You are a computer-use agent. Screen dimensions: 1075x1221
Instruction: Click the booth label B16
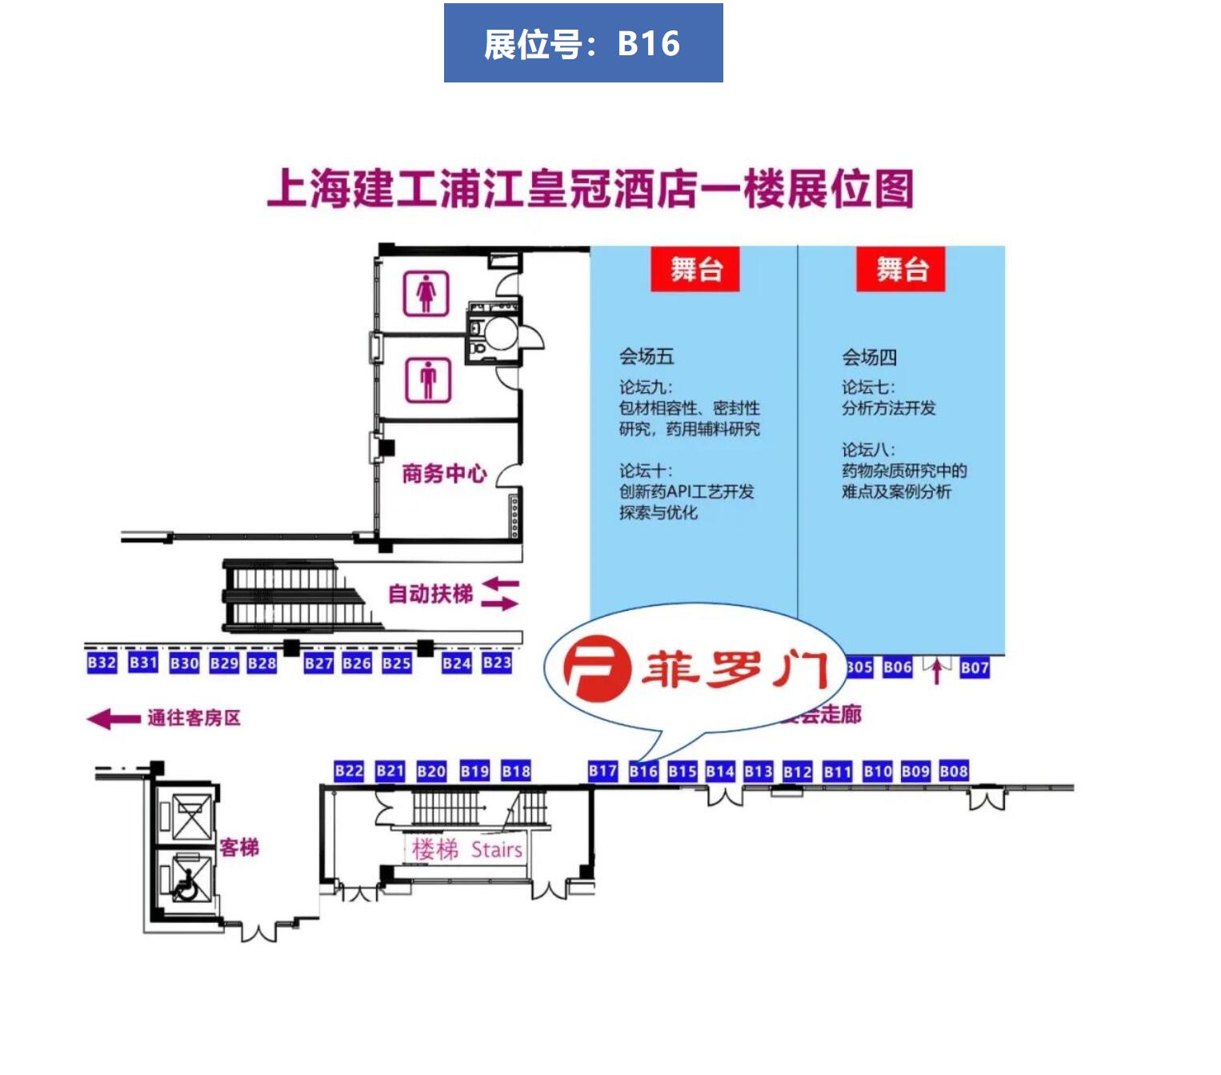tap(643, 772)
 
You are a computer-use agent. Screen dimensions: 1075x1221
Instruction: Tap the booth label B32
tap(102, 663)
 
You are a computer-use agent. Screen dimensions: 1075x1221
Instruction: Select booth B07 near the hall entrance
tap(975, 668)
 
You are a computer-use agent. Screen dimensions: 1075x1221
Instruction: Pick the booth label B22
tap(349, 772)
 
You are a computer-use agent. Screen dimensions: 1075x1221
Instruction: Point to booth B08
tap(954, 772)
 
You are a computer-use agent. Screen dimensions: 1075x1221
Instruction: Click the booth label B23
tap(497, 663)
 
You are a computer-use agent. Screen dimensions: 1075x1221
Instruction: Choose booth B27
tap(318, 663)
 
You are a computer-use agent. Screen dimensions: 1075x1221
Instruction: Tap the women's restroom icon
tap(426, 294)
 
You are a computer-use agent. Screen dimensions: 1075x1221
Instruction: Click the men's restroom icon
tap(428, 380)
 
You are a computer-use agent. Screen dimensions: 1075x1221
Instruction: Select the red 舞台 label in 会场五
tap(695, 270)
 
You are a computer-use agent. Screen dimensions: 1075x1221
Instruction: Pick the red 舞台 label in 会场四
tap(901, 270)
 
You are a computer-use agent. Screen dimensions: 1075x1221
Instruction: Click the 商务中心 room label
tap(444, 474)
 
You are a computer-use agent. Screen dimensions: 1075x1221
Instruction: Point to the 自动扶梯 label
tap(430, 594)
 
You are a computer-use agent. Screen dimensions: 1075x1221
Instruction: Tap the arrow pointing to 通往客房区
tap(113, 719)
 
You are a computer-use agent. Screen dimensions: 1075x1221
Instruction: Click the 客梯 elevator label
tap(239, 848)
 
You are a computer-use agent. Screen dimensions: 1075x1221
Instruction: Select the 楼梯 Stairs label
tap(467, 849)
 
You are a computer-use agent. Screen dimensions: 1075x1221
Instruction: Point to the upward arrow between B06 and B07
tap(935, 671)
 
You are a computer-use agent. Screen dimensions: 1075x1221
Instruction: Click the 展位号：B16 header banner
tap(583, 43)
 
